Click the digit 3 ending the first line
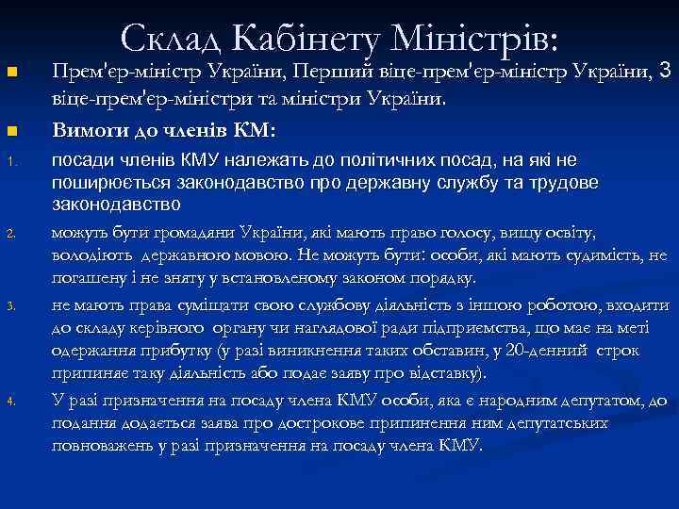tap(665, 71)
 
